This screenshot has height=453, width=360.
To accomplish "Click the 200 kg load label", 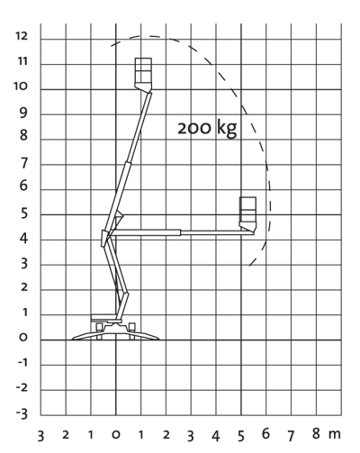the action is [x=207, y=129].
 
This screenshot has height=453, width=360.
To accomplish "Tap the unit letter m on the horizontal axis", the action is [x=335, y=434].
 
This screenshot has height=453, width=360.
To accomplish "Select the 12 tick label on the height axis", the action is [x=22, y=36].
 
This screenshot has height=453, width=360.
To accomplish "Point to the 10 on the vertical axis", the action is [x=21, y=86].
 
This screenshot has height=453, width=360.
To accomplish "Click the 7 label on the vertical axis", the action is [x=23, y=163].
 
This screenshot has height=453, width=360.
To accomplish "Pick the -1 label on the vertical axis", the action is [x=22, y=363].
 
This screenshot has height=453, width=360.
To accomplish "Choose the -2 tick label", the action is [x=22, y=388].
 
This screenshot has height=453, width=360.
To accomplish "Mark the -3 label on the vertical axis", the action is [x=22, y=413].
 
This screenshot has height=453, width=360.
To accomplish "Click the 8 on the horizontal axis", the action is [x=316, y=433].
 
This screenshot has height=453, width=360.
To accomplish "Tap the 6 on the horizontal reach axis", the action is [x=265, y=433].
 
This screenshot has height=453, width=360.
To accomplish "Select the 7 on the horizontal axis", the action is [x=291, y=435].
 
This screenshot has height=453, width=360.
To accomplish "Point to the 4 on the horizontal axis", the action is [x=216, y=436].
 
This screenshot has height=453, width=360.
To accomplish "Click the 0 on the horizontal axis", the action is [x=116, y=434].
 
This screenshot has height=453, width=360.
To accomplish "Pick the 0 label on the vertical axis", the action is [x=23, y=338].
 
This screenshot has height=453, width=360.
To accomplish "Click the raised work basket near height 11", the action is [x=143, y=74].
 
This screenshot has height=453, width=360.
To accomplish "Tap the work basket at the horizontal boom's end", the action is [x=247, y=214].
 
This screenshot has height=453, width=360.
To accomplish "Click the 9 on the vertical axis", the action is [x=23, y=113].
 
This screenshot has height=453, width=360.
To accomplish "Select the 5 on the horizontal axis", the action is [x=241, y=436].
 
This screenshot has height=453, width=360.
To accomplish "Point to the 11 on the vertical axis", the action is [x=22, y=61].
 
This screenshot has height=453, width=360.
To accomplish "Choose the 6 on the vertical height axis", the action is [x=23, y=186].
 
